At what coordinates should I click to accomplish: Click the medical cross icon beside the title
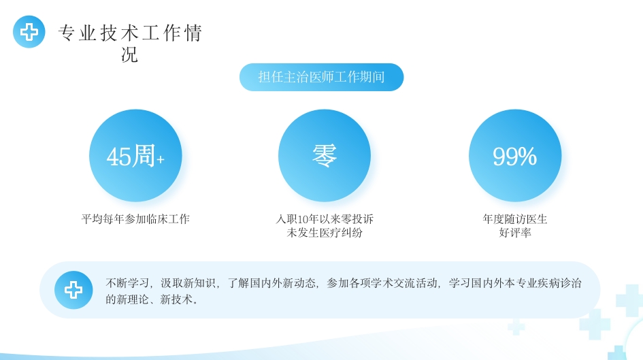(x=29, y=32)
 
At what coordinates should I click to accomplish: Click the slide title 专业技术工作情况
(x=130, y=33)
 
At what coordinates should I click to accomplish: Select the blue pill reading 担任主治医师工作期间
(x=321, y=77)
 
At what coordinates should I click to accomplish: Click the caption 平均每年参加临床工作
(x=135, y=219)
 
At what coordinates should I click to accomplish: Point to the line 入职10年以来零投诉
(x=325, y=219)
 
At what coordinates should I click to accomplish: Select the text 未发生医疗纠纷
(x=325, y=233)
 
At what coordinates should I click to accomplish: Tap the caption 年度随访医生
(x=515, y=219)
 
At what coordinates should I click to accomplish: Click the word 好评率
(x=515, y=233)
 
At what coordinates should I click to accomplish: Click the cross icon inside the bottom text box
(x=73, y=290)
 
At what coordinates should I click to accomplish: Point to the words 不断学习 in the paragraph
(x=128, y=283)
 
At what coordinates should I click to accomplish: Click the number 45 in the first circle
(x=118, y=157)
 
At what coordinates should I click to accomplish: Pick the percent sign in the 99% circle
(x=527, y=157)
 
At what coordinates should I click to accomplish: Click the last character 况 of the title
(x=129, y=54)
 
